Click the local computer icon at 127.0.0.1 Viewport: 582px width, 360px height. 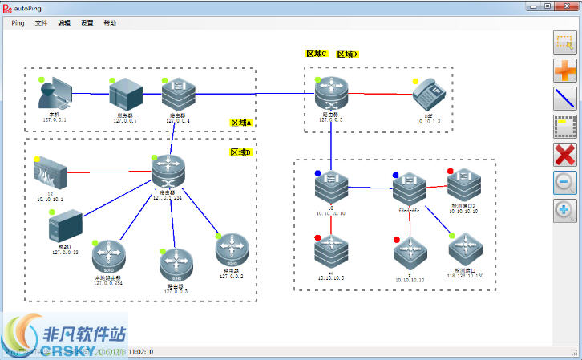(x=55, y=95)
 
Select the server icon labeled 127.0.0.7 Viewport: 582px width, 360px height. (x=124, y=95)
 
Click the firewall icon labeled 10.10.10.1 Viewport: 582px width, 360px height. (x=50, y=171)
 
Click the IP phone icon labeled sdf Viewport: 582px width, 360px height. (x=428, y=97)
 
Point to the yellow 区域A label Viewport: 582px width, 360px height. (x=241, y=123)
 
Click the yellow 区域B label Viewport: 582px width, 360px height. (x=241, y=152)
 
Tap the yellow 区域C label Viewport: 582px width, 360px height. (x=317, y=54)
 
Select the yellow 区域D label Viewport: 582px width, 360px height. (x=347, y=54)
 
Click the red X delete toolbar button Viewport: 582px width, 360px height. (x=565, y=155)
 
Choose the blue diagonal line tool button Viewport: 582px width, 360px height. (x=565, y=99)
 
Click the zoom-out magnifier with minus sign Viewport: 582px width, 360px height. (x=565, y=183)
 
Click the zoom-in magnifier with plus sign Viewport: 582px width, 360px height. (x=565, y=210)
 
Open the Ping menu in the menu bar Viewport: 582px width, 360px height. (x=18, y=23)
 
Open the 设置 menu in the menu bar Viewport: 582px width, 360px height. (x=87, y=23)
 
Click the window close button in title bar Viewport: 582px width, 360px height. (x=566, y=6)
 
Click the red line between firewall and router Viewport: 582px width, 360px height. (x=108, y=171)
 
